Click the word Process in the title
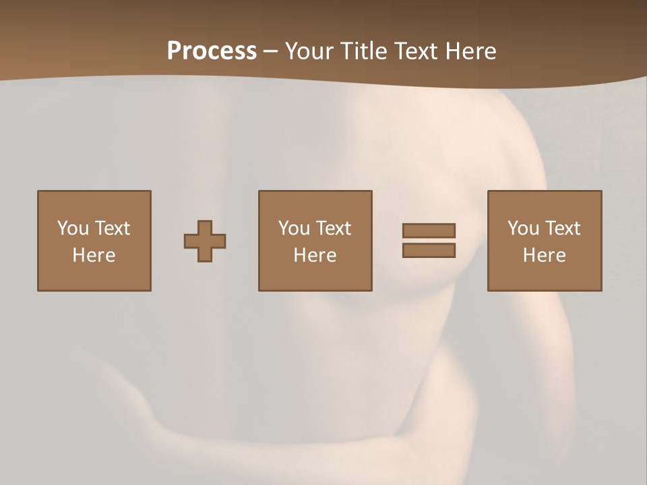212,51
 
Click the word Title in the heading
363,51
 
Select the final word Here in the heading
471,51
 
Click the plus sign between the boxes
205,241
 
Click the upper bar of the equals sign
429,230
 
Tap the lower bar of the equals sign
429,251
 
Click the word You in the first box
73,228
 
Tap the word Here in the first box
94,255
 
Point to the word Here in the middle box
315,255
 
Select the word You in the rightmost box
523,228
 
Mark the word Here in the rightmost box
544,255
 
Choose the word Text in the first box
112,228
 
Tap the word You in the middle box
294,228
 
